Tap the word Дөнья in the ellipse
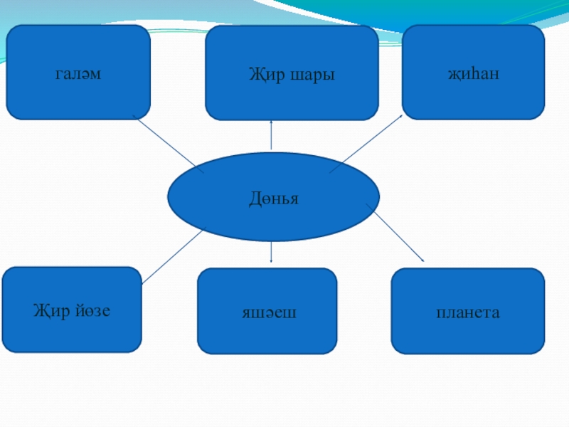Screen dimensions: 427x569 tap(273, 199)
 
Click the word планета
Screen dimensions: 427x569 tap(467, 312)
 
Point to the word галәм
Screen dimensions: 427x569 tap(78, 73)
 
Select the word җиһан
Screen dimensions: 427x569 tap(473, 73)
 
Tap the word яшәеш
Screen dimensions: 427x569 tap(267, 312)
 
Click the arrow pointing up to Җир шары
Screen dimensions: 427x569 tap(271, 135)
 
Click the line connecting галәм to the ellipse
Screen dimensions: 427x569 tap(168, 144)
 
